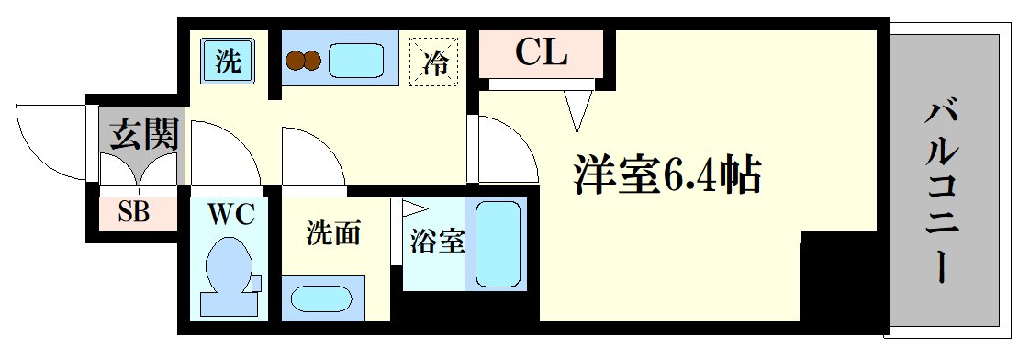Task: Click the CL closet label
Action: (x=542, y=52)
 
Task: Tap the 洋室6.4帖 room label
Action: (x=667, y=174)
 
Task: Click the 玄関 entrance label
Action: (x=142, y=135)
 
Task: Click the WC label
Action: (x=231, y=215)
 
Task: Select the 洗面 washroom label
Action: (x=332, y=234)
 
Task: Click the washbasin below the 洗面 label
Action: (x=321, y=299)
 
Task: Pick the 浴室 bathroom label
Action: (x=435, y=242)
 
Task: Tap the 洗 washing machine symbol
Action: (x=227, y=62)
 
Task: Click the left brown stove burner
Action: (x=296, y=62)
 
